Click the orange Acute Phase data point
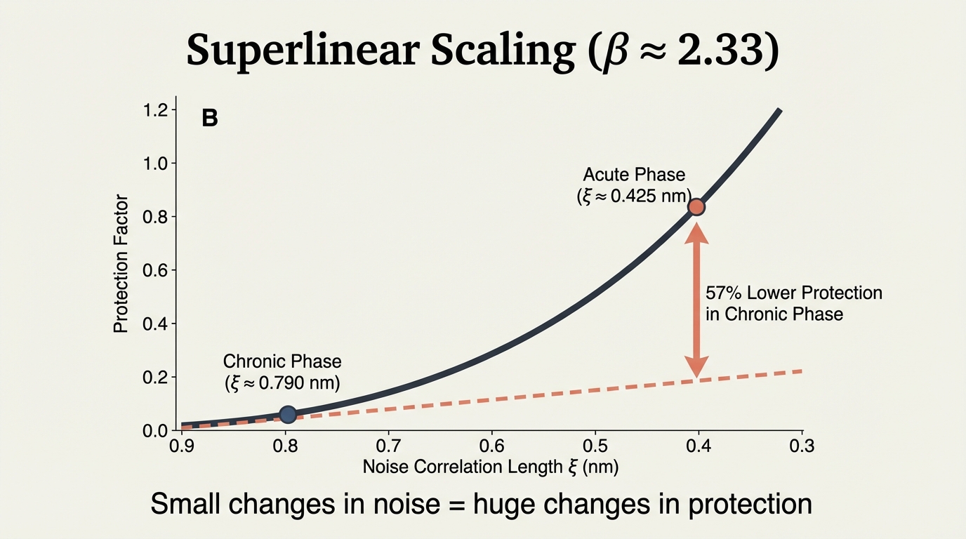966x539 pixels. (696, 206)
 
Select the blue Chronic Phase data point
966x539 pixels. (287, 414)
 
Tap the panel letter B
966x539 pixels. (210, 119)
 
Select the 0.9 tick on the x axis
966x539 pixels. (182, 446)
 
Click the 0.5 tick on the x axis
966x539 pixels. (595, 446)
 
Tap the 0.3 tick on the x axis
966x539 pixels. (802, 446)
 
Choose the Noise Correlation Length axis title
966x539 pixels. (490, 467)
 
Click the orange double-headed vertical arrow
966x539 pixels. (696, 298)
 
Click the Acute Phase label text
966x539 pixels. (633, 174)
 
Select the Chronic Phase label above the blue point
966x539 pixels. (282, 361)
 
